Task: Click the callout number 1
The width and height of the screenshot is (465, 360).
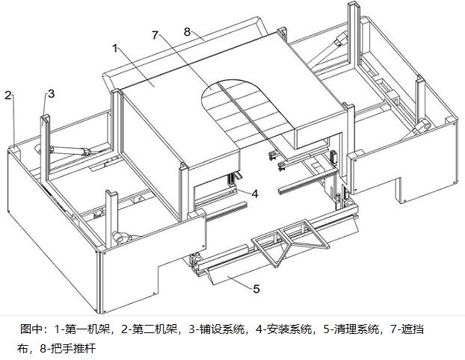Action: pyautogui.click(x=115, y=47)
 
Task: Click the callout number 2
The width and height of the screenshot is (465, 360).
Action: pyautogui.click(x=7, y=95)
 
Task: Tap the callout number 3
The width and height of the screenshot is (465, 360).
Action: pyautogui.click(x=51, y=93)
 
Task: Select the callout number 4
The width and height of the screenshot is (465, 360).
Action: pyautogui.click(x=255, y=193)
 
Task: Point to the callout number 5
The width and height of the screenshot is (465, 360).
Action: pyautogui.click(x=256, y=288)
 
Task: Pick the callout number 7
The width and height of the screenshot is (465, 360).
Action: pyautogui.click(x=155, y=35)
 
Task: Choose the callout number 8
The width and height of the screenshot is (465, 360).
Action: pyautogui.click(x=188, y=32)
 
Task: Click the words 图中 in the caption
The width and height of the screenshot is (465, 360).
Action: pyautogui.click(x=31, y=329)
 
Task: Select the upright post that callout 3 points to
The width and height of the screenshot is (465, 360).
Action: pyautogui.click(x=46, y=146)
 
